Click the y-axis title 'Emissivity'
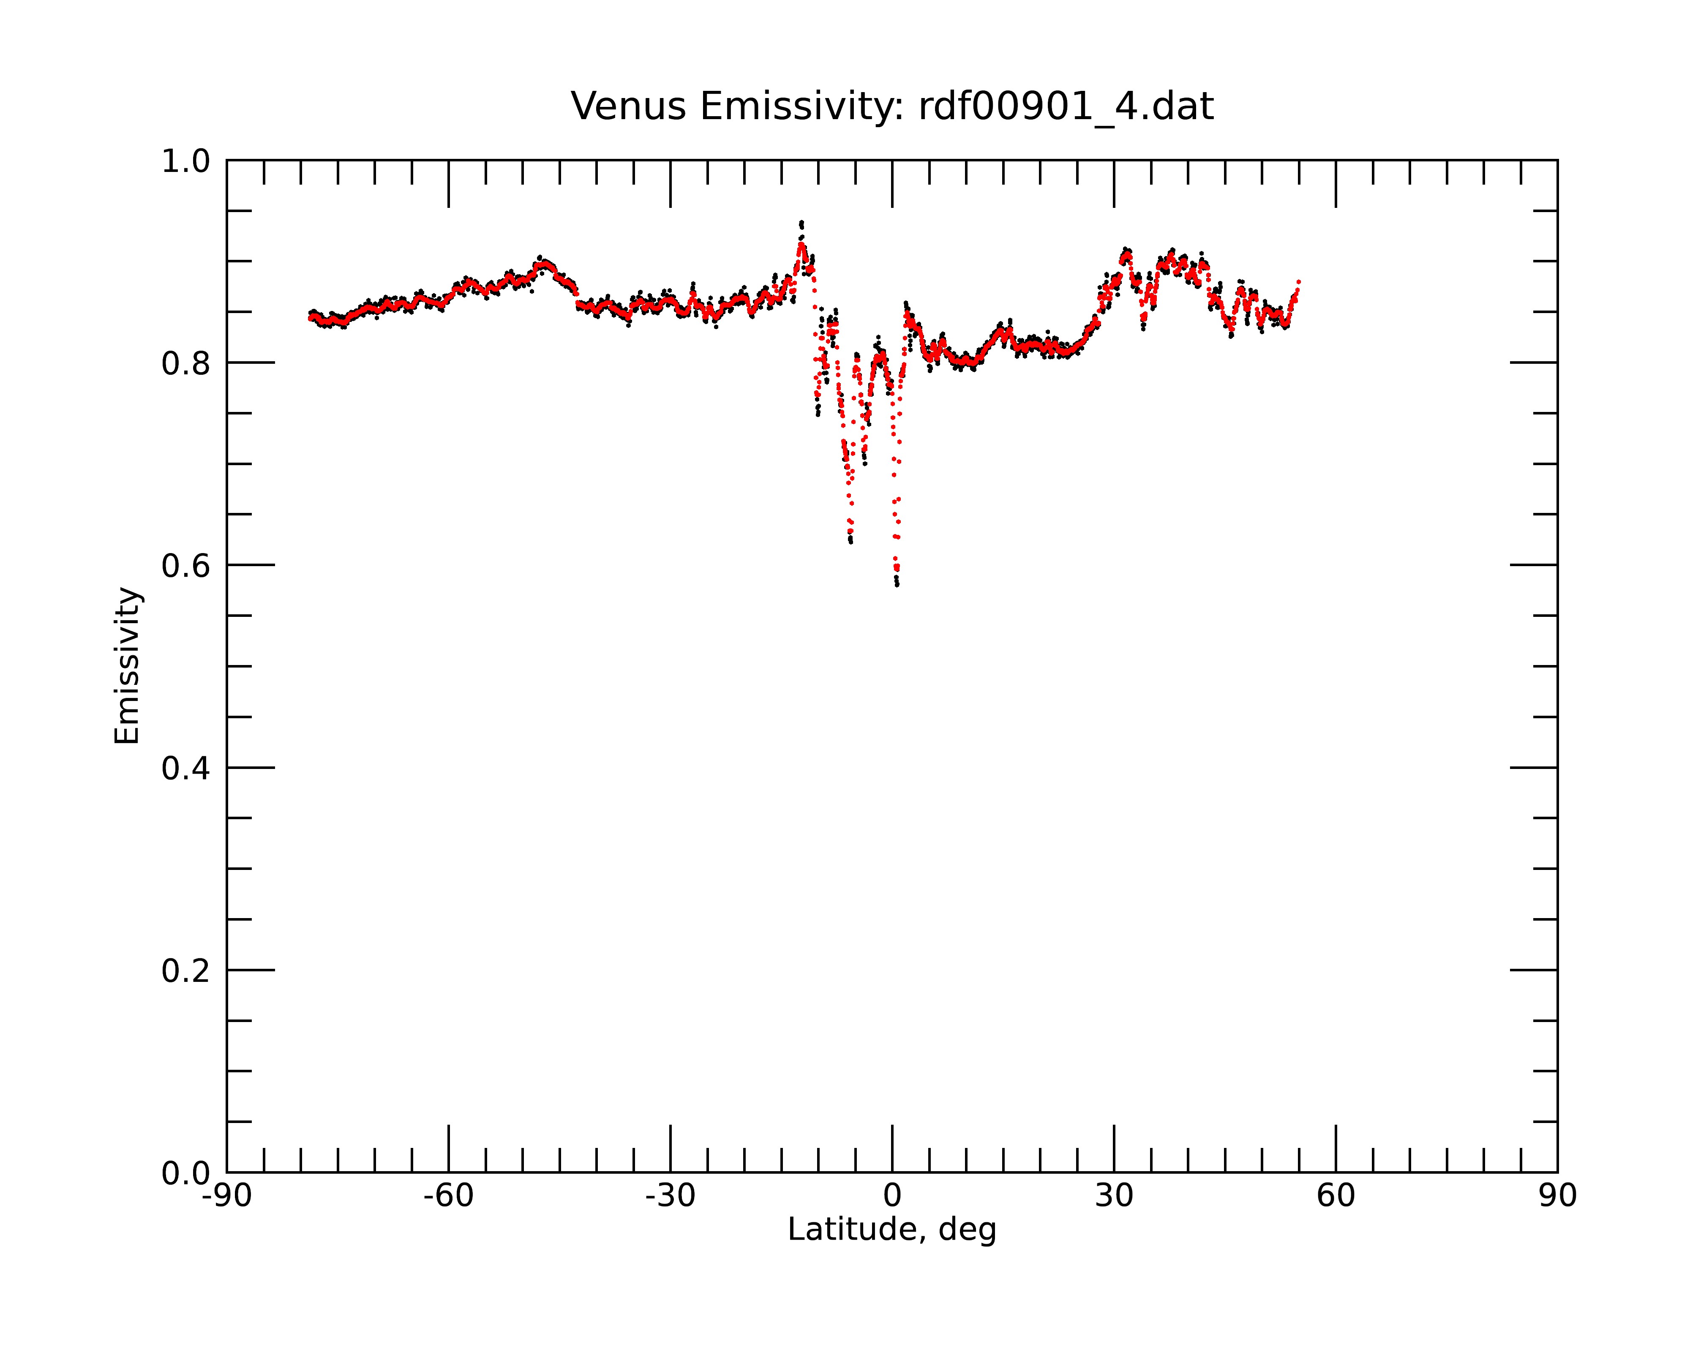[x=127, y=665]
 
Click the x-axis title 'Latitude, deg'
[x=892, y=1230]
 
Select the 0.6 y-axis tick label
[x=186, y=566]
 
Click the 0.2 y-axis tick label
[x=186, y=971]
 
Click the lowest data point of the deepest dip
[x=897, y=585]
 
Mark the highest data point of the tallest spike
[x=801, y=223]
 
